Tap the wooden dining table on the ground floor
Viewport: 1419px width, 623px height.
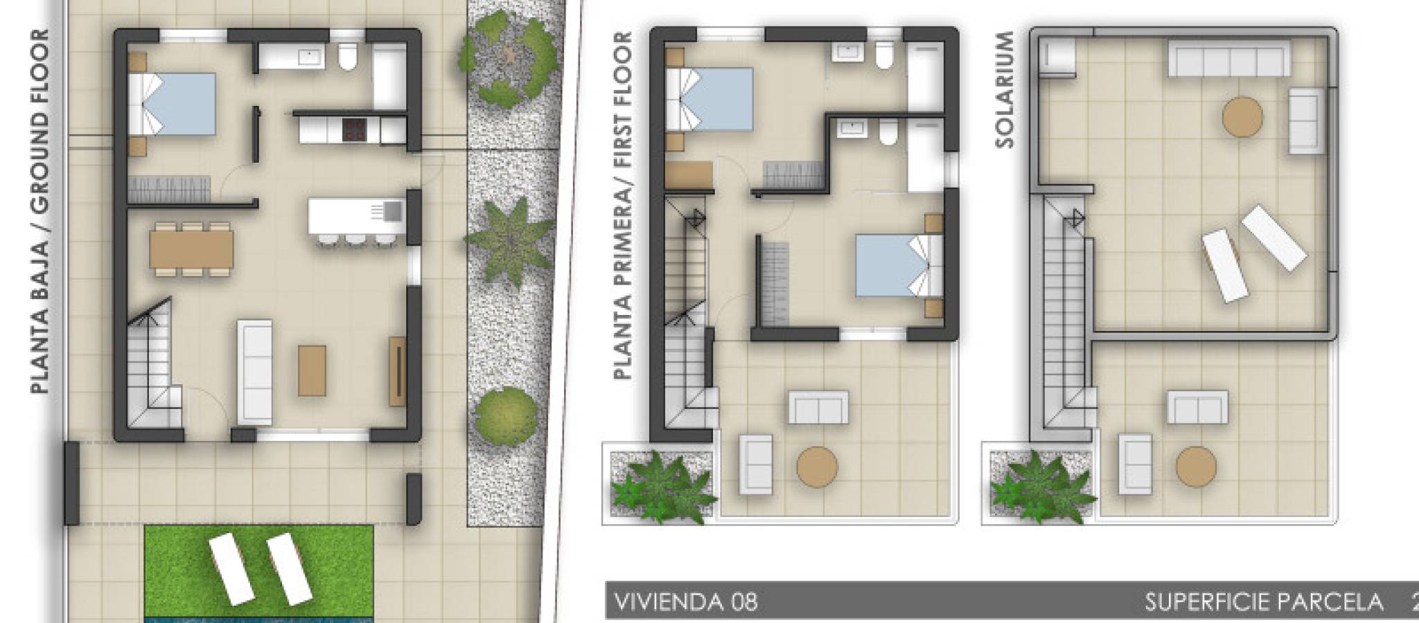[x=191, y=249]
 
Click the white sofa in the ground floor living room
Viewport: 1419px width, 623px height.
[x=254, y=372]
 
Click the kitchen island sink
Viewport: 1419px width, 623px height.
[x=391, y=210]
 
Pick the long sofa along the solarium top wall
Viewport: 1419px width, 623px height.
[x=1230, y=58]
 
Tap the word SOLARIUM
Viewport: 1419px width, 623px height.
[x=1004, y=89]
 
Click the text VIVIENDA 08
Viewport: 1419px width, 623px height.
[x=687, y=602]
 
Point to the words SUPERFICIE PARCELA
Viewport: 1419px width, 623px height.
[x=1264, y=602]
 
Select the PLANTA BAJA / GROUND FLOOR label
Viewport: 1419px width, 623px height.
[x=41, y=212]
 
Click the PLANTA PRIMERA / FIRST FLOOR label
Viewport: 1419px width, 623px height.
[x=624, y=206]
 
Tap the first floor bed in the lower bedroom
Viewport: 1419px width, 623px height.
[x=892, y=266]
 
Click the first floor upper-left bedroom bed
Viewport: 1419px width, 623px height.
[x=709, y=99]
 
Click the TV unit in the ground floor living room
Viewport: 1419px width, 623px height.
[x=397, y=371]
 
